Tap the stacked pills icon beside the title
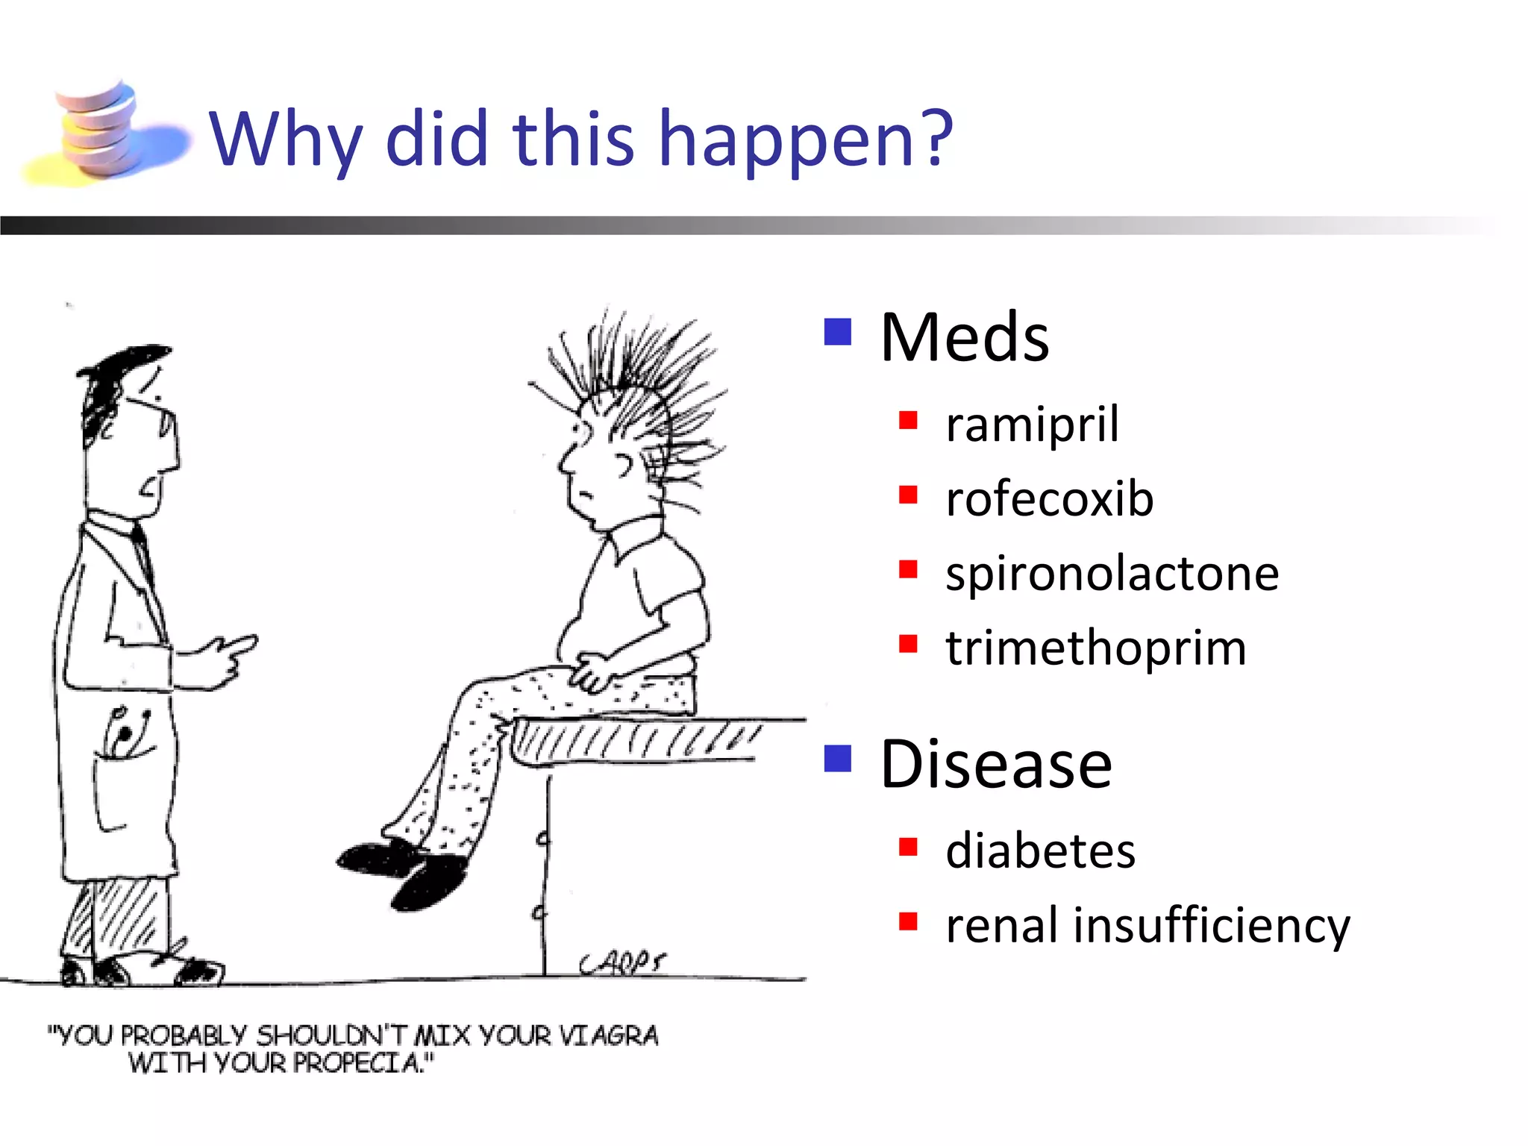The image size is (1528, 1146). tap(101, 131)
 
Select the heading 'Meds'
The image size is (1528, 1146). tap(964, 337)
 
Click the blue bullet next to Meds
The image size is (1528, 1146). tap(837, 332)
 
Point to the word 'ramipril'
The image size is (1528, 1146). tap(1032, 424)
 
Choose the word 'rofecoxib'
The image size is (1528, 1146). tap(1049, 498)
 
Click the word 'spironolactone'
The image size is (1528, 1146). tap(1112, 573)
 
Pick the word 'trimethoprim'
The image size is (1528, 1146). tap(1095, 648)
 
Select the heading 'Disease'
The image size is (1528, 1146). tap(995, 764)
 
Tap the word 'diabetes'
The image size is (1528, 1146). tap(1040, 851)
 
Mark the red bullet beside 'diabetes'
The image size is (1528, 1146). tap(907, 847)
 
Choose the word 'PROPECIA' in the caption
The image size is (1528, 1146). tap(358, 1062)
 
